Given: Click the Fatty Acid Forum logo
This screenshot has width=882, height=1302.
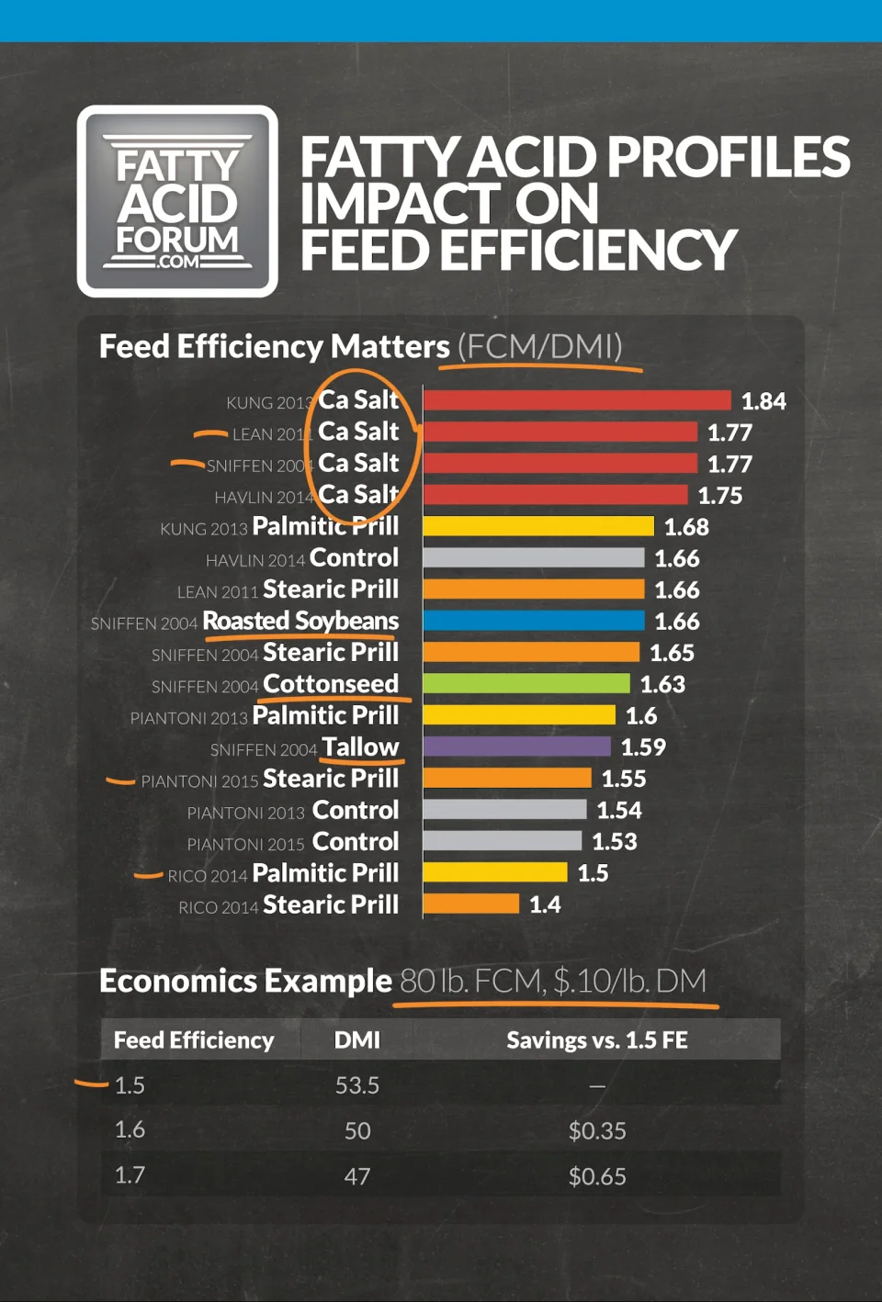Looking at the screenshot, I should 177,201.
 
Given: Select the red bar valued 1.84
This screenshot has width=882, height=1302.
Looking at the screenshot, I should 577,400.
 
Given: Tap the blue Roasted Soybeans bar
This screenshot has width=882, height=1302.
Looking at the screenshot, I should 534,621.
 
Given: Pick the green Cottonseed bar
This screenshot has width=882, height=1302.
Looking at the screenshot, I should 526,684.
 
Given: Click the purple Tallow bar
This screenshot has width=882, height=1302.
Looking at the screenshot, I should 516,746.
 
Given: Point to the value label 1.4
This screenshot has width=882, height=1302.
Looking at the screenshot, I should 545,904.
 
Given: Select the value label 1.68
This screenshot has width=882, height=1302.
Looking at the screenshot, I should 686,527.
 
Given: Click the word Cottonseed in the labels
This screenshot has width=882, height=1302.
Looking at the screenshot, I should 331,684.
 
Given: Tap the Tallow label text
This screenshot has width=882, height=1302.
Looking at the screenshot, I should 360,747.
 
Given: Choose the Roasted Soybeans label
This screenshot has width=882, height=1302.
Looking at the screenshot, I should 300,622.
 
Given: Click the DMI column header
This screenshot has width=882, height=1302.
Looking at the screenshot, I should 356,1040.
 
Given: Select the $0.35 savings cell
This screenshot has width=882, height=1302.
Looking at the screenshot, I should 597,1131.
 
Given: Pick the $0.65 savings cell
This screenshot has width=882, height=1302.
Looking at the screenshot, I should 597,1176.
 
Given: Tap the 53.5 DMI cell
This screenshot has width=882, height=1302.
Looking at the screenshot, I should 356,1085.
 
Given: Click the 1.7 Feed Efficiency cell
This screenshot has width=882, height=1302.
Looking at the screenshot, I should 130,1175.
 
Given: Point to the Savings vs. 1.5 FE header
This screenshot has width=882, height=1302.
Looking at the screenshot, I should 597,1040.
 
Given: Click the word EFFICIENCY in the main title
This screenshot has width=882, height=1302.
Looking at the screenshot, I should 588,251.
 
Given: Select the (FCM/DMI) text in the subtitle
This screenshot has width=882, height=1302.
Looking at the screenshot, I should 539,347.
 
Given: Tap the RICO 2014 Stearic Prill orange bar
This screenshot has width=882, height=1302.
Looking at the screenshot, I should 471,904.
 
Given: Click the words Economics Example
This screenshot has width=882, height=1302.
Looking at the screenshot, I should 245,982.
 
